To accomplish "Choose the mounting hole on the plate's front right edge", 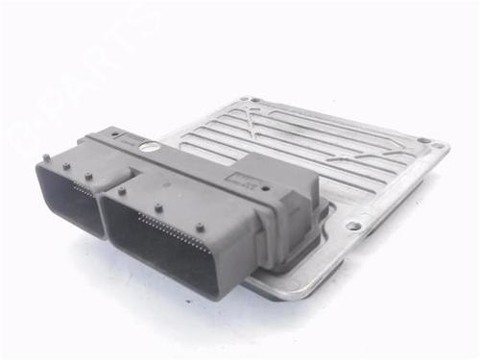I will [x=353, y=227].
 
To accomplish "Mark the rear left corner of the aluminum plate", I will [x=247, y=99].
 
